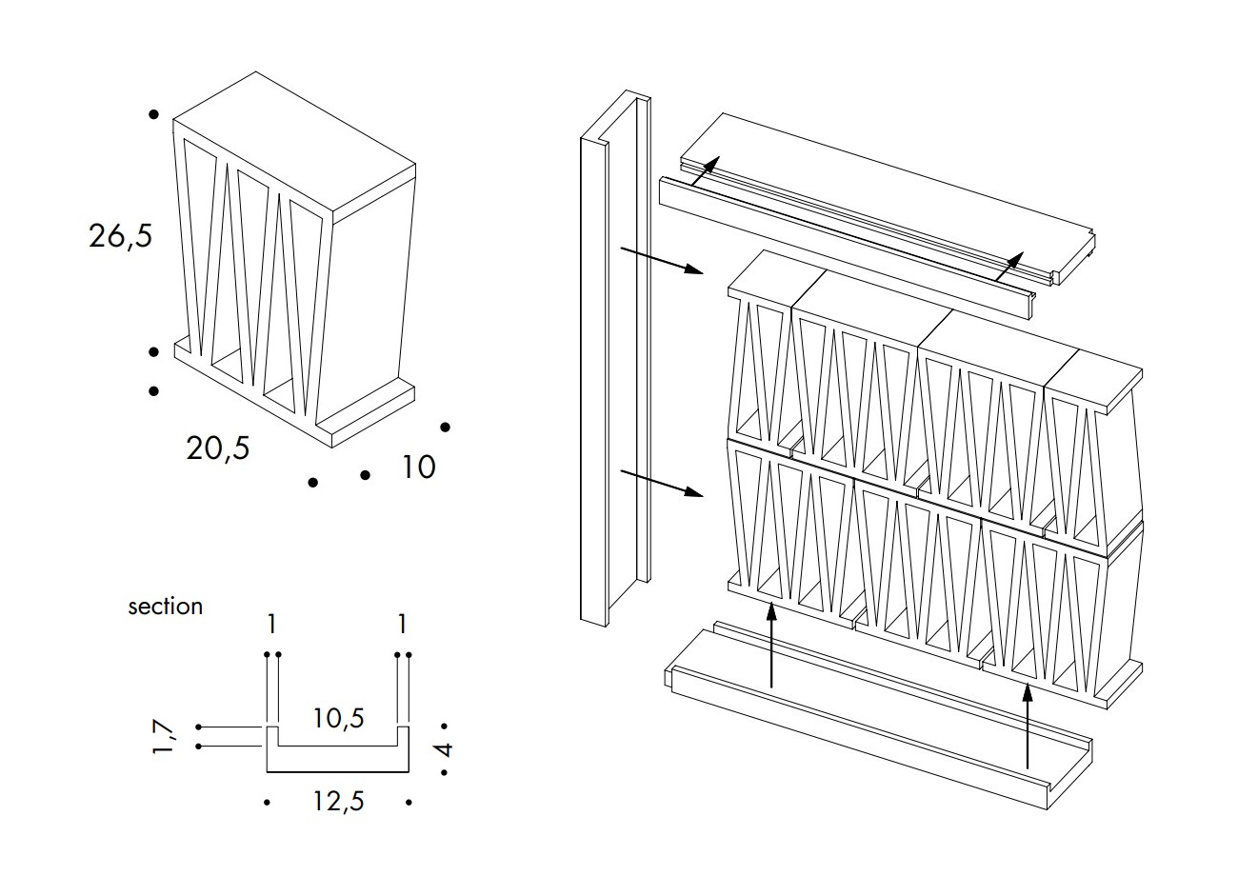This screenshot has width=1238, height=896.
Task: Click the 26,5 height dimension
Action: [x=121, y=235]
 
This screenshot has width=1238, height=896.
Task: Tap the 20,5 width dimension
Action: [x=218, y=447]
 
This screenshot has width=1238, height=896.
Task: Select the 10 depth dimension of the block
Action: [x=417, y=467]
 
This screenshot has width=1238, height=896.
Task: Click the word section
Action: [x=165, y=607]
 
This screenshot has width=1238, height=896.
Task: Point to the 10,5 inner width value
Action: [x=338, y=717]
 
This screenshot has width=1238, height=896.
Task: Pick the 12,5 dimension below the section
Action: [x=338, y=802]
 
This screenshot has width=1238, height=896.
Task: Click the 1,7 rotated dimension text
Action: [x=163, y=737]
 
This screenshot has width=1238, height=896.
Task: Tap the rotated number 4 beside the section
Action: [x=445, y=749]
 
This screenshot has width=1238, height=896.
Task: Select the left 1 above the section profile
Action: [x=272, y=624]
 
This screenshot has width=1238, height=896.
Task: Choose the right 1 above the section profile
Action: [x=402, y=624]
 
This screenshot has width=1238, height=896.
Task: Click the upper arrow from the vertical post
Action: [x=661, y=261]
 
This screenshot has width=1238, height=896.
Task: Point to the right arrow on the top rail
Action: [x=1008, y=266]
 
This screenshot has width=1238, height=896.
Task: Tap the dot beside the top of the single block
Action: [x=153, y=115]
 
